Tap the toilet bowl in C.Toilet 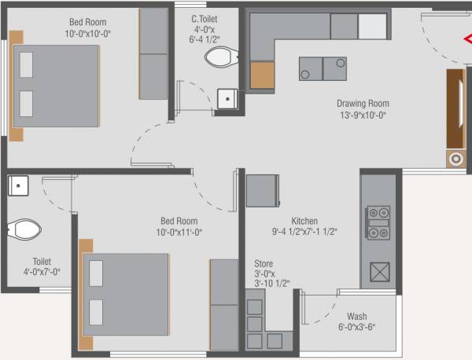[221, 57]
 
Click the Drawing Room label [363, 103]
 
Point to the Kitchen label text [304, 221]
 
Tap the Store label [264, 264]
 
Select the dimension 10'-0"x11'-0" [179, 233]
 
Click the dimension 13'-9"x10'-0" [363, 115]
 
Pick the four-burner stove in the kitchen [378, 223]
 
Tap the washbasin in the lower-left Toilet [18, 186]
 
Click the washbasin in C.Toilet [227, 98]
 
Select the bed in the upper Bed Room [56, 86]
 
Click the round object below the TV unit [455, 159]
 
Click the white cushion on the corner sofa [372, 26]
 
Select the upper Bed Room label [87, 22]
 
